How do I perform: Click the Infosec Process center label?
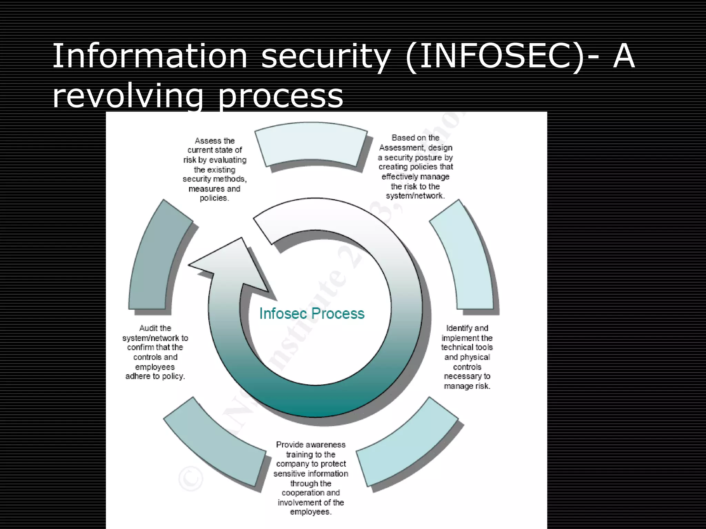pyautogui.click(x=312, y=313)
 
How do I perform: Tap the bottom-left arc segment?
pyautogui.click(x=214, y=444)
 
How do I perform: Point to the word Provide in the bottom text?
pyautogui.click(x=289, y=445)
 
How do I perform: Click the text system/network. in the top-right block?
pyautogui.click(x=415, y=196)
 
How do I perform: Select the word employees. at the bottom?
pyautogui.click(x=311, y=512)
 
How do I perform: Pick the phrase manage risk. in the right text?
pyautogui.click(x=467, y=386)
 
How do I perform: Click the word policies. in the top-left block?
pyautogui.click(x=214, y=198)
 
